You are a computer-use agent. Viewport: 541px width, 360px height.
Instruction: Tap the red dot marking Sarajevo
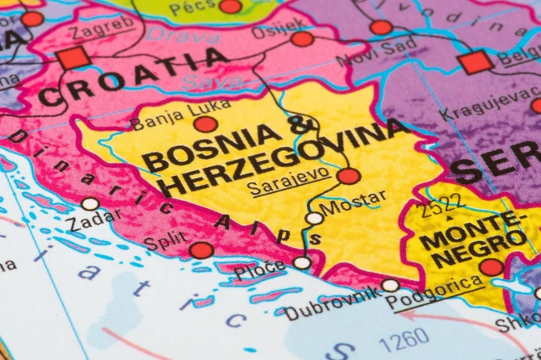(349, 176)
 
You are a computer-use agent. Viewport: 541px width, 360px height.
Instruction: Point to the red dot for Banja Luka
(206, 124)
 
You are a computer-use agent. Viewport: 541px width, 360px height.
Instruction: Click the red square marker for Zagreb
(73, 57)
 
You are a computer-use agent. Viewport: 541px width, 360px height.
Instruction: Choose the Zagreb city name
(100, 29)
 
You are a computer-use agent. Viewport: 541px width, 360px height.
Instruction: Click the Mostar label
(354, 202)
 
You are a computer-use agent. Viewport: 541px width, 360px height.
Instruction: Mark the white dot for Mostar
(314, 218)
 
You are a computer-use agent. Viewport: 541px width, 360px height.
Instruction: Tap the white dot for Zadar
(90, 204)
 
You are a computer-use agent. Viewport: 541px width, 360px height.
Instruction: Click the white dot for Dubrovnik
(391, 285)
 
